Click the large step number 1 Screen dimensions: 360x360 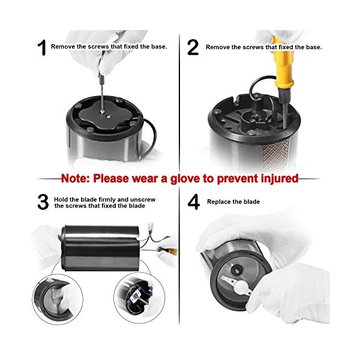43,47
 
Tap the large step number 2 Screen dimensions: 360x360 193,47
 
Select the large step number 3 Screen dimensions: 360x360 43,202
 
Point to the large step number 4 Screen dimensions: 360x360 194,202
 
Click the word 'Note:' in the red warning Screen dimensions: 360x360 76,178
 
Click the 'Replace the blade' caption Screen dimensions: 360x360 233,202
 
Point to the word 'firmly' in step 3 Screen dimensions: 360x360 107,200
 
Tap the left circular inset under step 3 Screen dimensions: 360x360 58,299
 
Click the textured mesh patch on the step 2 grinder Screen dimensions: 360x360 275,154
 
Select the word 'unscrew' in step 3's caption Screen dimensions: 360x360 142,200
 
